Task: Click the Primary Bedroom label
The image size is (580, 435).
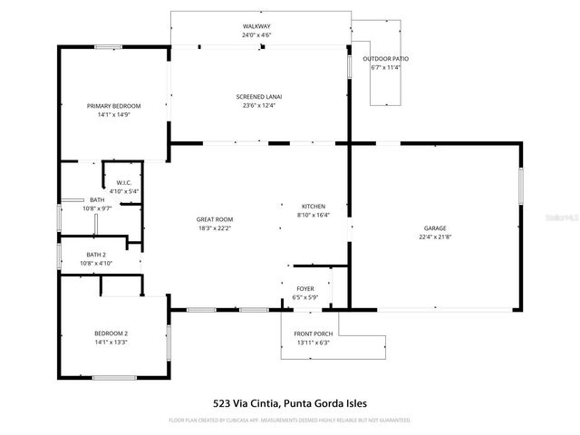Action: click(x=113, y=106)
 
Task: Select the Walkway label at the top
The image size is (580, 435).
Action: click(x=256, y=26)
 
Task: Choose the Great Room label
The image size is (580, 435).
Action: click(x=215, y=219)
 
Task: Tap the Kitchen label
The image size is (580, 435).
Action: click(x=313, y=207)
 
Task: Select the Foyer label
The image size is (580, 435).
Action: click(x=304, y=289)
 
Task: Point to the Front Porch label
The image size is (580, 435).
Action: click(x=312, y=334)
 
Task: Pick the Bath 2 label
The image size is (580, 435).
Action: click(x=96, y=255)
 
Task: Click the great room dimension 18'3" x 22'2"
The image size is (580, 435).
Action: click(x=215, y=228)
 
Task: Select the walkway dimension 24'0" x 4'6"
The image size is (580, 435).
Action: click(x=256, y=35)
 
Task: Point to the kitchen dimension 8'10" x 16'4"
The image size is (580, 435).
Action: click(x=313, y=216)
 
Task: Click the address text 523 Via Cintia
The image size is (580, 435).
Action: click(x=244, y=403)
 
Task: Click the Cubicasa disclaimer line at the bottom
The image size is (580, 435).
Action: click(x=290, y=420)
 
